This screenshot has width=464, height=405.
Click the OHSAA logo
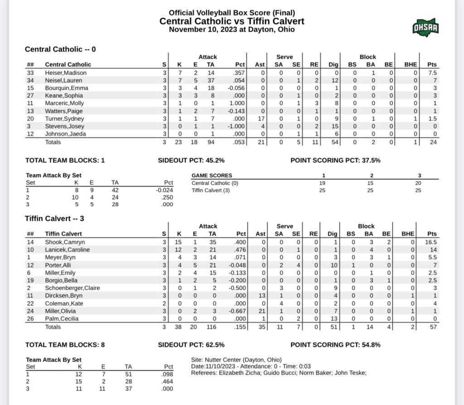tap(425, 28)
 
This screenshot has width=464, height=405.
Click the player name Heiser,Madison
tap(66, 72)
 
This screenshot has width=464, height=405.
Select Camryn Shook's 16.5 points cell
tap(432, 242)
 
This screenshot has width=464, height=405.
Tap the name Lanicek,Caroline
tap(68, 250)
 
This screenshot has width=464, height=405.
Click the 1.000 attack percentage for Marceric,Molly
tap(238, 103)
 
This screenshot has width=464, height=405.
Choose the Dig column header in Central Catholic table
tap(332, 64)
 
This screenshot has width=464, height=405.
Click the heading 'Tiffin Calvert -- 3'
tap(54, 218)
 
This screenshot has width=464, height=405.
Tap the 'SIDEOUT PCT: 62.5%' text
tap(191, 345)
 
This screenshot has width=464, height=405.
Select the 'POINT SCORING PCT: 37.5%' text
tap(335, 160)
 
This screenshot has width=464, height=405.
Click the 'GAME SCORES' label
tap(212, 175)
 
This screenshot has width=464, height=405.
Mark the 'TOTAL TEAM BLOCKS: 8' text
tap(65, 345)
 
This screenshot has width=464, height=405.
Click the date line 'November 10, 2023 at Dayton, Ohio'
tap(232, 29)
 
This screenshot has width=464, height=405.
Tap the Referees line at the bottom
tap(279, 373)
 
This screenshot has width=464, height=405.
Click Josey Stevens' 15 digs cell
tap(333, 126)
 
